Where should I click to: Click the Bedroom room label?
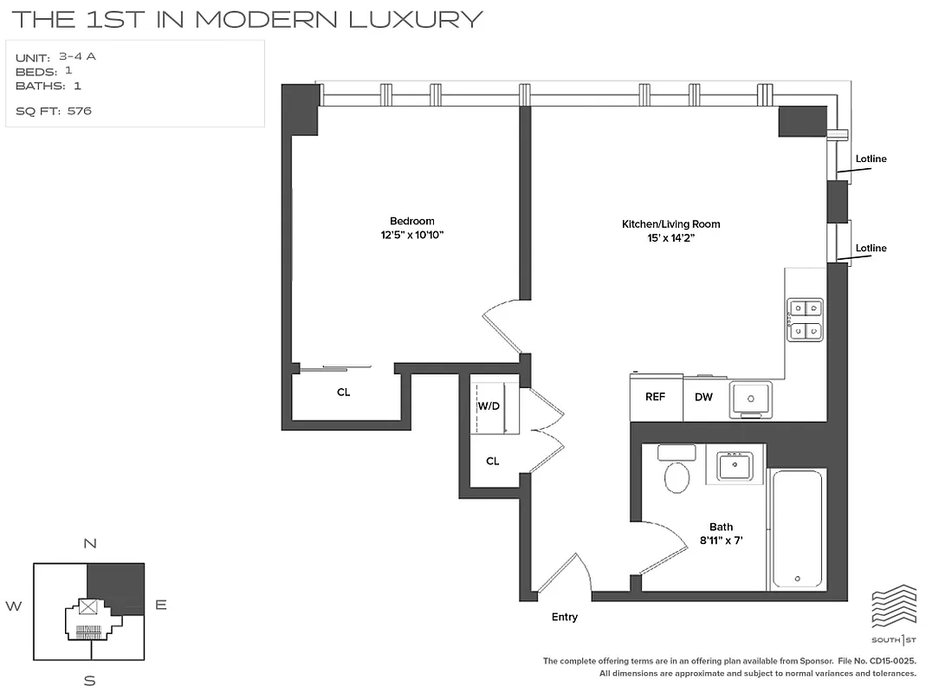point(411,221)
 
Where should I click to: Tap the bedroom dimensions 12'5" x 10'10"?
point(411,235)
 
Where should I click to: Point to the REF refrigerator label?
point(655,397)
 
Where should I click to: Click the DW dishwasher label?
point(703,397)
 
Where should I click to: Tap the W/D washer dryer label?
point(489,405)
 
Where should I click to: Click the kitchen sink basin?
point(750,399)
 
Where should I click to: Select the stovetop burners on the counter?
point(804,319)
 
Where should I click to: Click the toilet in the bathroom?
point(676,475)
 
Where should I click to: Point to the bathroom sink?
point(740,466)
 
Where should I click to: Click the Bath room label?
point(721,527)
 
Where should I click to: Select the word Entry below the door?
point(564,617)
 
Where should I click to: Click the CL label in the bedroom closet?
point(344,392)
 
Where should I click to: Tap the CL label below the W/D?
point(492,462)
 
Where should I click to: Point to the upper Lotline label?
point(871,159)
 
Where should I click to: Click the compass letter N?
point(89,544)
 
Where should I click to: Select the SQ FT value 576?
point(79,111)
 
